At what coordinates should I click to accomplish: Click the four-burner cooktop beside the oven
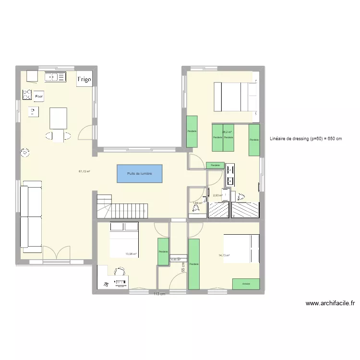(x=27, y=96)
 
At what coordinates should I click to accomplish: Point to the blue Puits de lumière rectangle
(x=140, y=173)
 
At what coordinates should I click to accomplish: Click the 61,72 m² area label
(x=85, y=171)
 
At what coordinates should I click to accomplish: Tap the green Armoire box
(x=246, y=284)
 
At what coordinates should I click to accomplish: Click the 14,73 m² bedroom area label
(x=224, y=255)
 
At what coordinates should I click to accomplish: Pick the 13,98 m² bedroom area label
(x=131, y=254)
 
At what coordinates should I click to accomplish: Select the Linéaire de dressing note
(x=306, y=139)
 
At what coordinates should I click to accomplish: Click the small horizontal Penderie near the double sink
(x=215, y=165)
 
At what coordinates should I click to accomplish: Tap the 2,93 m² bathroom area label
(x=218, y=195)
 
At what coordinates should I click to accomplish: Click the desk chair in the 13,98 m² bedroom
(x=120, y=272)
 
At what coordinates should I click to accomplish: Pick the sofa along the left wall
(x=31, y=216)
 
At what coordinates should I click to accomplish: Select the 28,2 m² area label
(x=227, y=132)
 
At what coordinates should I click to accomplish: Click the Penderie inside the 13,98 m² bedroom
(x=163, y=252)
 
